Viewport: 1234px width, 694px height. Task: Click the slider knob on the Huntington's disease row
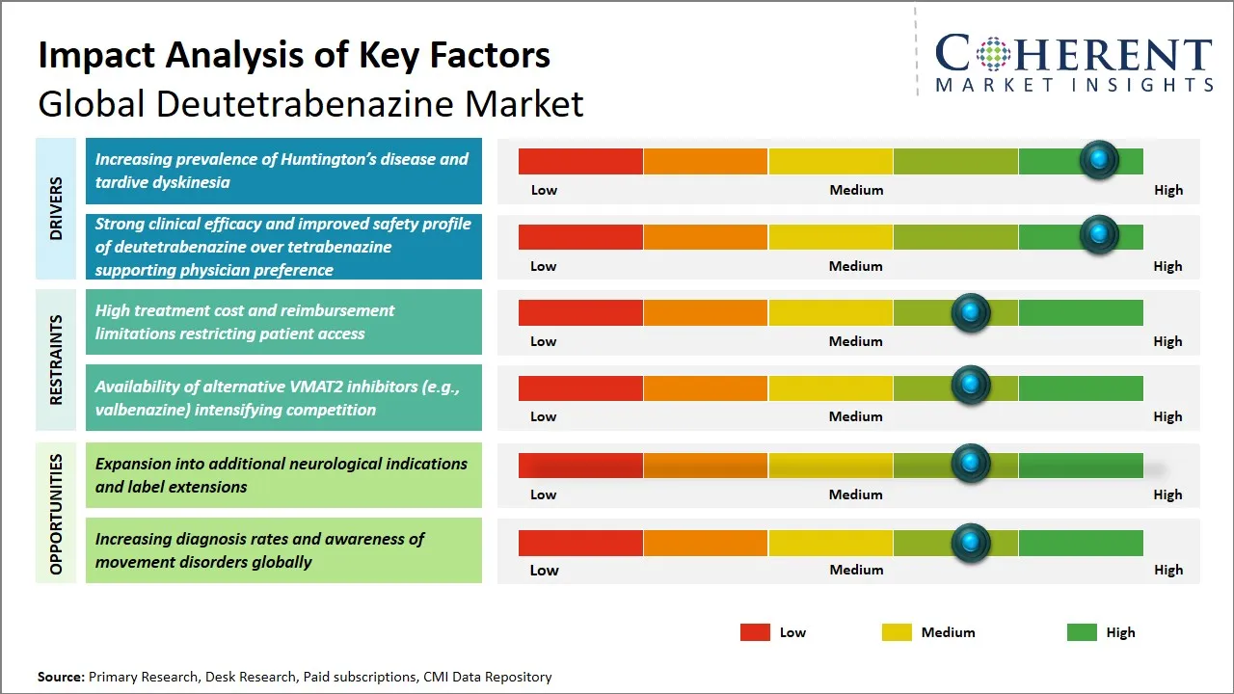[x=1098, y=160]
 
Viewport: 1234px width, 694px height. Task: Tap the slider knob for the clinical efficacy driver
[x=1098, y=235]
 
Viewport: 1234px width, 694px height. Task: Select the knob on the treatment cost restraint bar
[x=970, y=312]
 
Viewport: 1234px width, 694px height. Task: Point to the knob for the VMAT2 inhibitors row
[x=970, y=387]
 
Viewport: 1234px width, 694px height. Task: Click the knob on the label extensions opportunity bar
[x=970, y=464]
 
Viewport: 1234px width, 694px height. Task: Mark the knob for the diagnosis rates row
[x=970, y=543]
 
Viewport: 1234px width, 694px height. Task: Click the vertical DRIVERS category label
[x=56, y=208]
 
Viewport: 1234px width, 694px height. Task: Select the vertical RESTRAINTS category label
[x=56, y=360]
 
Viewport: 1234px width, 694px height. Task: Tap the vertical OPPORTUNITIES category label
[x=56, y=514]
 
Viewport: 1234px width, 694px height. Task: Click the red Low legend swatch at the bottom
[x=755, y=632]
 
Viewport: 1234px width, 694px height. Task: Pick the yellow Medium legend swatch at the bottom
[x=897, y=632]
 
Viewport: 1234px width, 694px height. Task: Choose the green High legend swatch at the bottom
[x=1082, y=632]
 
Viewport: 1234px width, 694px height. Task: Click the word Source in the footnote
[x=61, y=677]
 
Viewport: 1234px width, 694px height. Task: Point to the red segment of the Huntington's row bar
[x=580, y=161]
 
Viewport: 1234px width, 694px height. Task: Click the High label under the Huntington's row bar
[x=1167, y=190]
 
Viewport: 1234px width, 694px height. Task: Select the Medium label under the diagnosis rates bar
[x=856, y=570]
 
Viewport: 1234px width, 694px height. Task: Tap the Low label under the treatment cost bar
[x=544, y=341]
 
